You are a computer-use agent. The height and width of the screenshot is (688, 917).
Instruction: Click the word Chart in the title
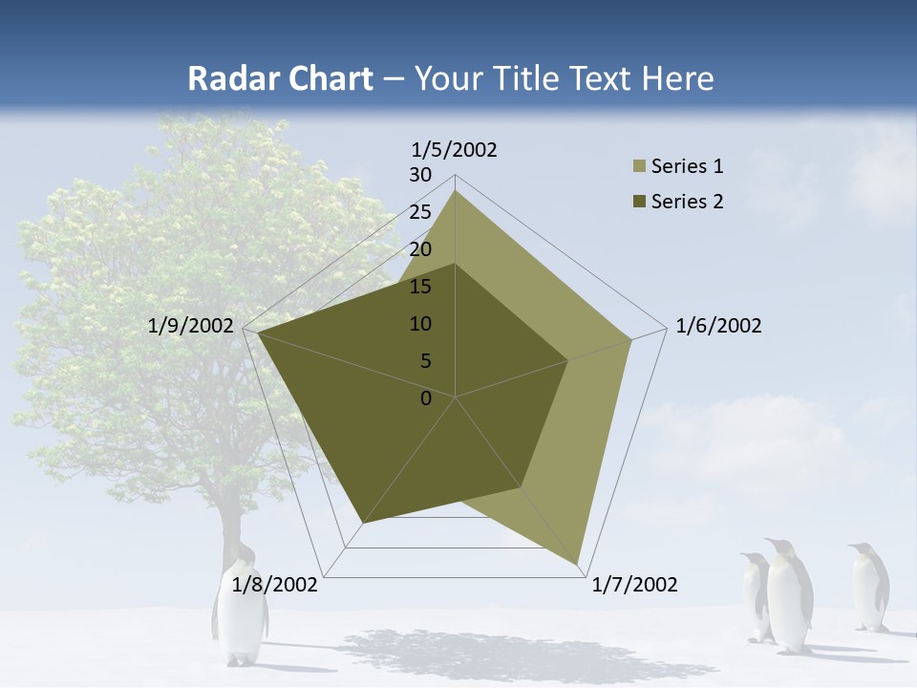[x=320, y=78]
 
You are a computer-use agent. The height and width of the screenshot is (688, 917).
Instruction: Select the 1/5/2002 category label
[x=455, y=150]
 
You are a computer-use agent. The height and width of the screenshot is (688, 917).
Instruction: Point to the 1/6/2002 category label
[x=718, y=326]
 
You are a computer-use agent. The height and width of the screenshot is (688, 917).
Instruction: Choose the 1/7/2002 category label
[x=634, y=585]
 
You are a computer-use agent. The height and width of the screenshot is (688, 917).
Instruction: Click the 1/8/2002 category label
[x=275, y=585]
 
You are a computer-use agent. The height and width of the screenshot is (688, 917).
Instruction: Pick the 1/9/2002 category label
[x=191, y=326]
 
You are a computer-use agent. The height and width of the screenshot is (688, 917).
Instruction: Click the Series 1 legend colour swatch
[x=639, y=167]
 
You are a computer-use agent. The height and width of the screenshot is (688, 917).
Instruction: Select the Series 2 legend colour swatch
[x=639, y=202]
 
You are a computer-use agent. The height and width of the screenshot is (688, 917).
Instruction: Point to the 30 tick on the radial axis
[x=420, y=175]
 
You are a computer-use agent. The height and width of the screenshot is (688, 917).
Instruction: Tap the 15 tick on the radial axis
[x=420, y=287]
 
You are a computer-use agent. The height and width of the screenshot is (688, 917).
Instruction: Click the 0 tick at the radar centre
[x=426, y=398]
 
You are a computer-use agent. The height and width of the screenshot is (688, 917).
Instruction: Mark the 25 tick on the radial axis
[x=420, y=212]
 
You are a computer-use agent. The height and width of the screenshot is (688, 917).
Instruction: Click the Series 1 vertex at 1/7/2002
[x=578, y=565]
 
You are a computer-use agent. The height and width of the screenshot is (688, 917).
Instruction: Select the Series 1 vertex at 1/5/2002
[x=455, y=190]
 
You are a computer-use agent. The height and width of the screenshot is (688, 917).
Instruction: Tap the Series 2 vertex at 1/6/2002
[x=568, y=360]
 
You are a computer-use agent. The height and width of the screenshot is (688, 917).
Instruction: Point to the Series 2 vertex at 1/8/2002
[x=363, y=523]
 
